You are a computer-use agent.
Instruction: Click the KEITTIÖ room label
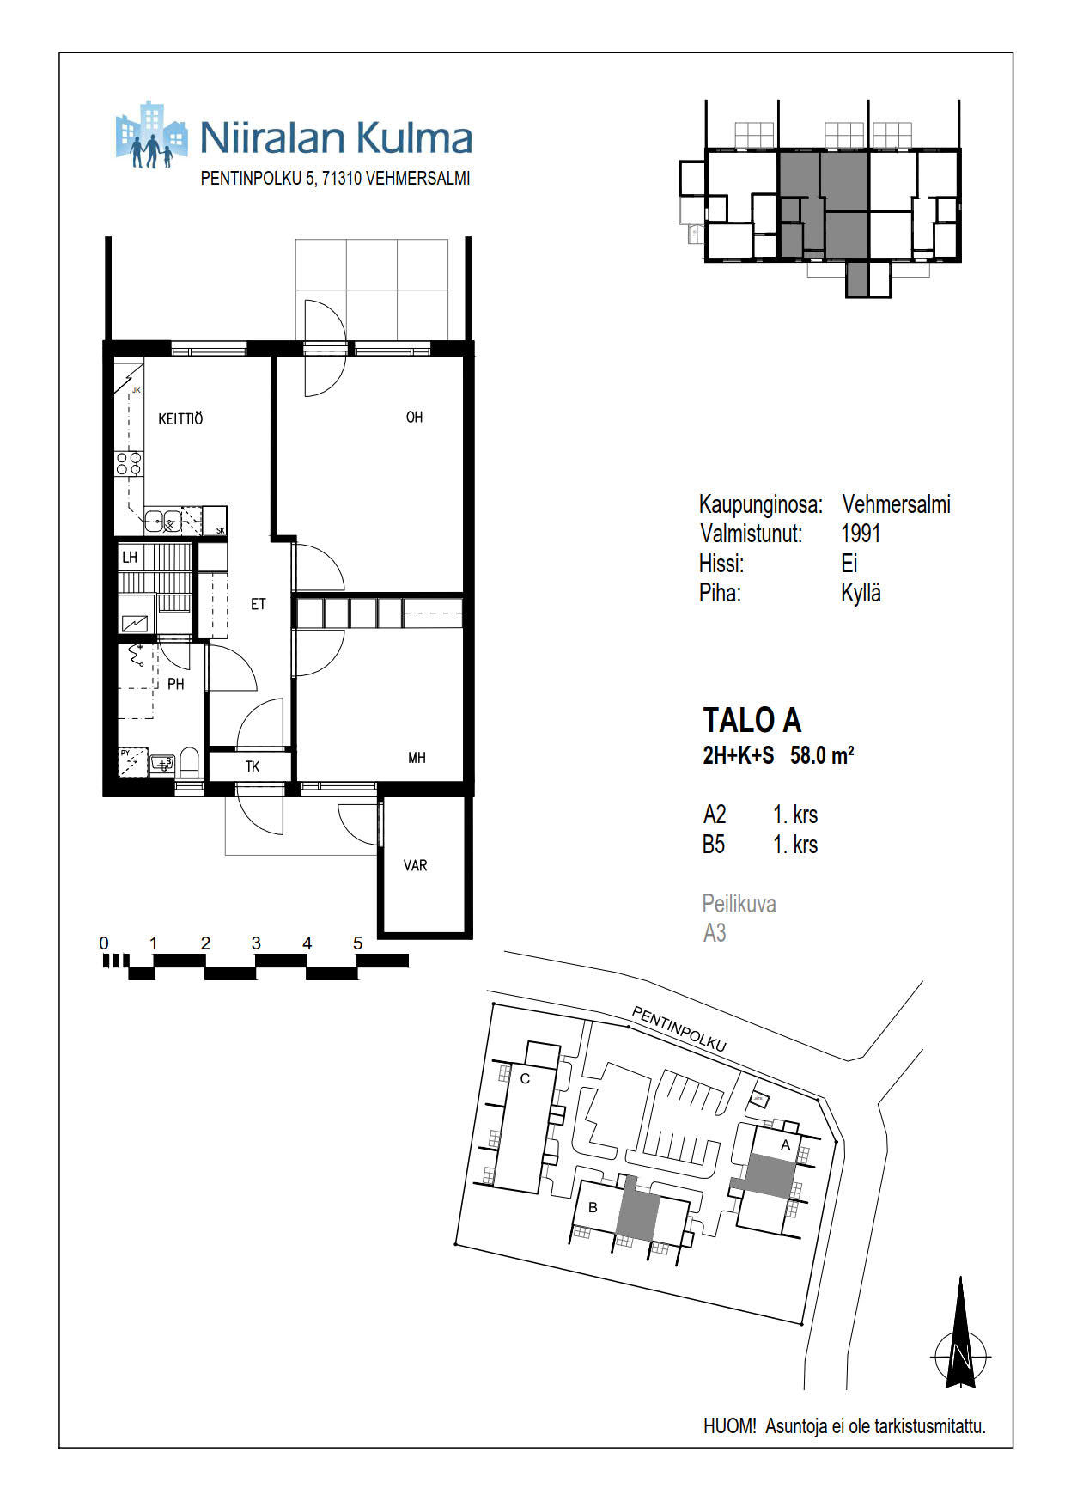pyautogui.click(x=180, y=419)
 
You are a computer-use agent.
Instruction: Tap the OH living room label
pyautogui.click(x=414, y=418)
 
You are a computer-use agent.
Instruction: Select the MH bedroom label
pyautogui.click(x=417, y=758)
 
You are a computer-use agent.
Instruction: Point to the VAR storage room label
pyautogui.click(x=415, y=865)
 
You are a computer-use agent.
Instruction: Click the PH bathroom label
pyautogui.click(x=176, y=685)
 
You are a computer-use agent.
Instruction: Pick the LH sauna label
pyautogui.click(x=130, y=558)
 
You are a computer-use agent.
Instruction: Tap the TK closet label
pyautogui.click(x=253, y=766)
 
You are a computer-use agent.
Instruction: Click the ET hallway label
pyautogui.click(x=259, y=604)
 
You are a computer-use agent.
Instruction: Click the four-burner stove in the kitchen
pyautogui.click(x=129, y=465)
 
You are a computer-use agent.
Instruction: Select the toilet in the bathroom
pyautogui.click(x=190, y=762)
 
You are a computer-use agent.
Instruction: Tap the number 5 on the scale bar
pyautogui.click(x=358, y=943)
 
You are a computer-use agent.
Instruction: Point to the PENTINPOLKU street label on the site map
pyautogui.click(x=679, y=1028)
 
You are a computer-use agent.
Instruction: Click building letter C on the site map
pyautogui.click(x=526, y=1078)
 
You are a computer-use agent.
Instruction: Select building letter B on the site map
pyautogui.click(x=593, y=1207)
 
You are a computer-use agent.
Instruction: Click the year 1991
pyautogui.click(x=861, y=534)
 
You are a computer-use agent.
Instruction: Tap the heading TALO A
pyautogui.click(x=752, y=720)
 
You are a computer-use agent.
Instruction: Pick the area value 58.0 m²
pyautogui.click(x=822, y=755)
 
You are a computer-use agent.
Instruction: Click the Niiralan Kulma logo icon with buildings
pyautogui.click(x=151, y=135)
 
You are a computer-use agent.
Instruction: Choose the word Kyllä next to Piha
pyautogui.click(x=861, y=593)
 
